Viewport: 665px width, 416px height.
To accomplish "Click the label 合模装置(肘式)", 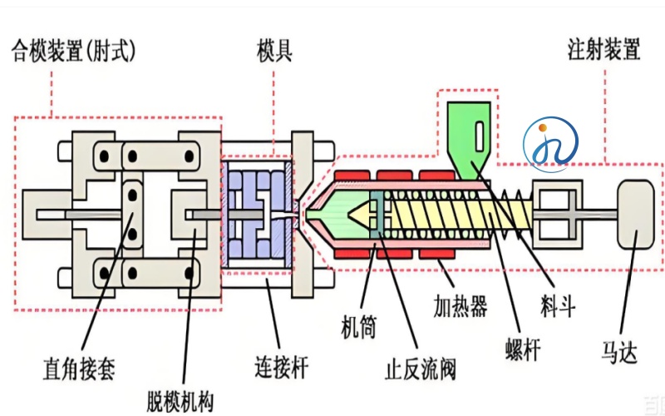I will pos(72,52).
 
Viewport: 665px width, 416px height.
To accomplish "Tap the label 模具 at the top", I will pos(273,52).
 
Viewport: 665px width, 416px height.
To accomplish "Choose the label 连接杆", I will pos(282,365).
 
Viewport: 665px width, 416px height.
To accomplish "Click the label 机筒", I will pos(359,327).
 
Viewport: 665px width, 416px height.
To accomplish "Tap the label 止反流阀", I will pos(420,367).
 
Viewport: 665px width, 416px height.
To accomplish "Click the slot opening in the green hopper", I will pos(480,132).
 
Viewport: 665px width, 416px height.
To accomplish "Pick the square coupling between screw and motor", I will pos(557,215).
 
